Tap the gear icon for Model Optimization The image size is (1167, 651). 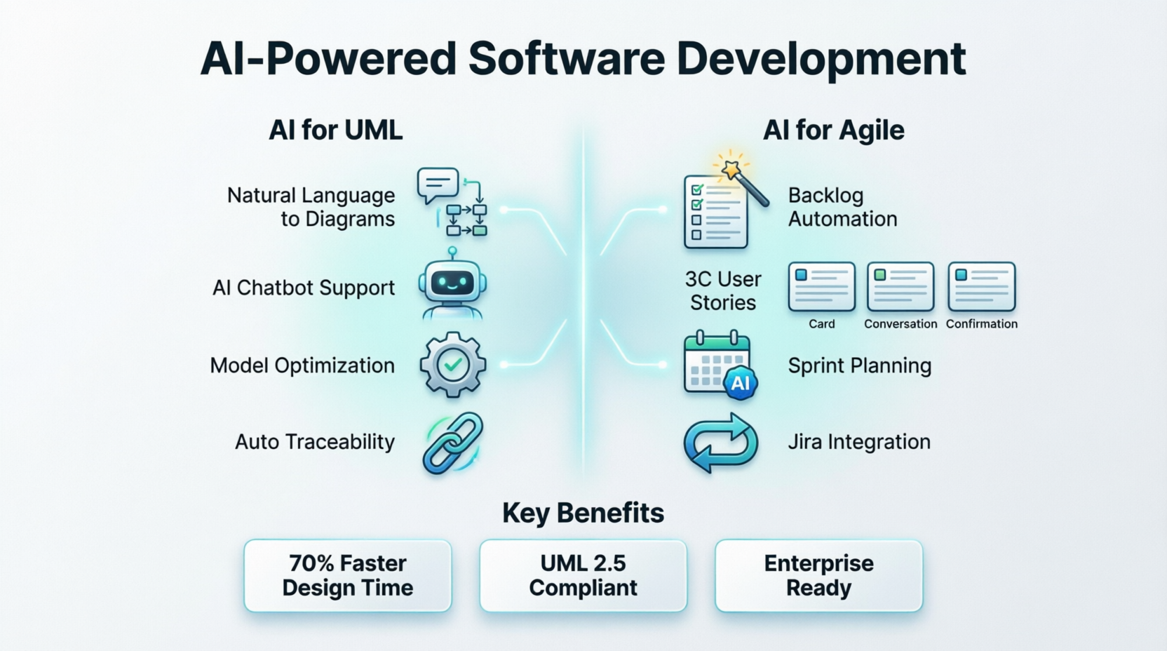pos(452,365)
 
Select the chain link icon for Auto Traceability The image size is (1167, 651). pos(453,443)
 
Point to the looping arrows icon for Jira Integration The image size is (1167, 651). pos(720,443)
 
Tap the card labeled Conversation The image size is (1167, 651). pos(900,286)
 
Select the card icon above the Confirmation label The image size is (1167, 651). pos(981,286)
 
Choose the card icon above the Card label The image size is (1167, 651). pos(821,286)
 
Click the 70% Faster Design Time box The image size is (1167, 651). pos(348,575)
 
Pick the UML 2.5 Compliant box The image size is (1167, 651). pos(583,575)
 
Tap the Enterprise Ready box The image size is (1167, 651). pos(818,575)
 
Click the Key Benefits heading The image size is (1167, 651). pos(583,514)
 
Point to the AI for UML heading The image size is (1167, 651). pos(336,130)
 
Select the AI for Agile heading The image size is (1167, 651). pos(833,130)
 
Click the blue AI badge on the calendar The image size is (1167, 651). pos(741,383)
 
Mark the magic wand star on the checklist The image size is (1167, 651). pos(731,168)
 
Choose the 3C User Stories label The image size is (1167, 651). pos(723,290)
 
